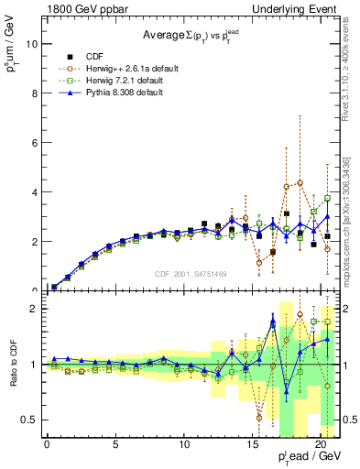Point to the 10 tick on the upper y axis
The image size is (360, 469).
click(x=30, y=44)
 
